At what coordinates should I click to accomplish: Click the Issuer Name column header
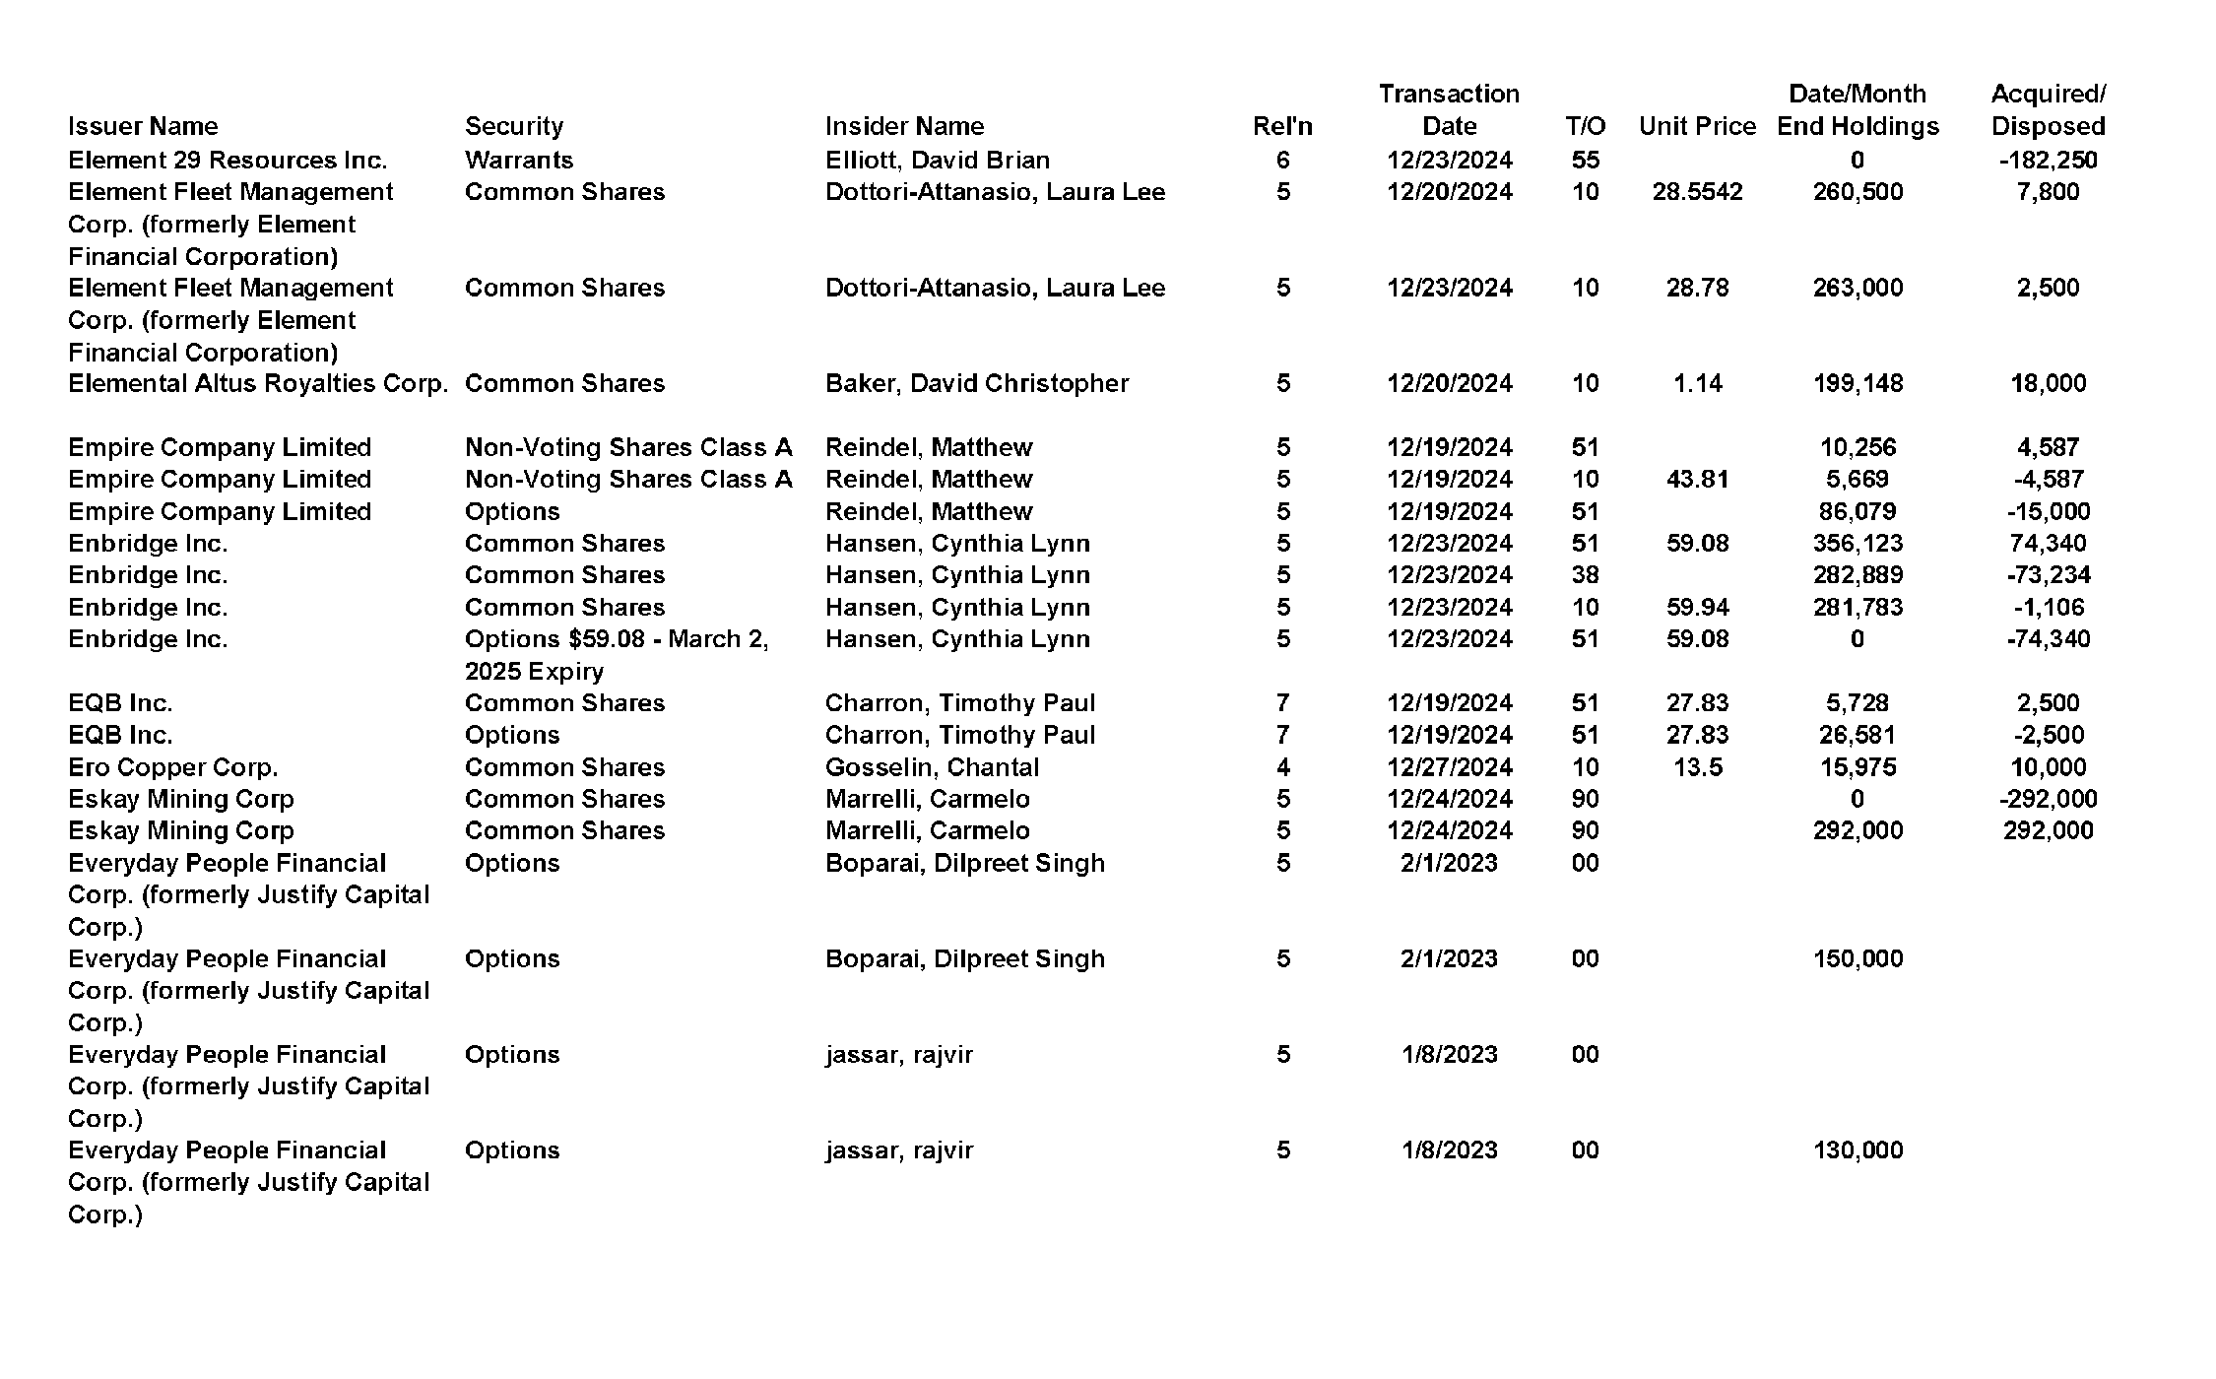pos(143,126)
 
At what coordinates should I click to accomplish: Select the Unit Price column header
pos(1697,126)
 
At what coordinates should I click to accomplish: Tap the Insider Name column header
pos(904,126)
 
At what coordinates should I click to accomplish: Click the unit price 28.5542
pos(1697,192)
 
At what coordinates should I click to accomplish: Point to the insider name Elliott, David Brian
pos(937,160)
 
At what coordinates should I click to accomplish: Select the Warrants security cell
pos(518,160)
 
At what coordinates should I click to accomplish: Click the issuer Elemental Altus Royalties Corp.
pos(257,383)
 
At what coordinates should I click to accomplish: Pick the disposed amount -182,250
pos(2048,160)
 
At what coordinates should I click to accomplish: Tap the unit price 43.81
pos(1697,479)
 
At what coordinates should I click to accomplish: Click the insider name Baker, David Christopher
pos(976,383)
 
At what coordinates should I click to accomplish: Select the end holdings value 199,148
pos(1858,383)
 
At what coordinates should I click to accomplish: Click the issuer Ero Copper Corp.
pos(172,767)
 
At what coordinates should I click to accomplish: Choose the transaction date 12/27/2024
pos(1449,767)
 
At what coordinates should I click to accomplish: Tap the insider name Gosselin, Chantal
pos(932,767)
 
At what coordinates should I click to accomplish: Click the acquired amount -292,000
pos(2048,799)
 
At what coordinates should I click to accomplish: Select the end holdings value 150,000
pos(1858,958)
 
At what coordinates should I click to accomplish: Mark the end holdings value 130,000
pos(1858,1149)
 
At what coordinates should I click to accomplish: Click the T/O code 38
pos(1585,574)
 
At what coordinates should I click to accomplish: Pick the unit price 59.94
pos(1697,607)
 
